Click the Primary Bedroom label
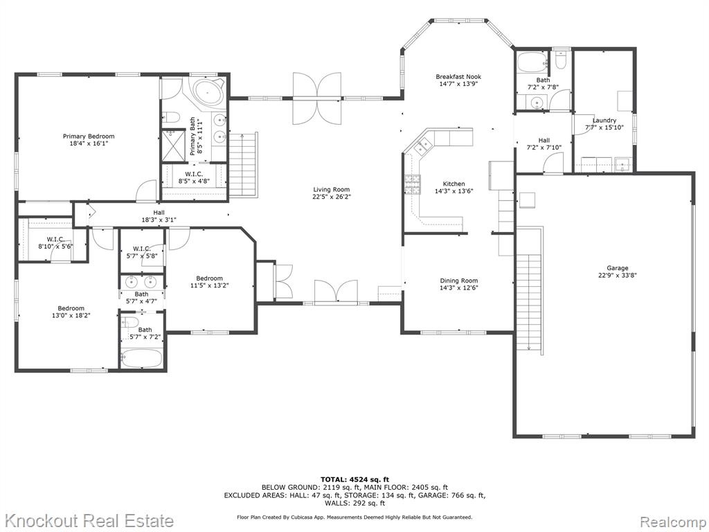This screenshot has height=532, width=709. coord(89,136)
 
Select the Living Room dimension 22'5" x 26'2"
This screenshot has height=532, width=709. coord(332,197)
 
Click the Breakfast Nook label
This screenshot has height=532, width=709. coord(458,77)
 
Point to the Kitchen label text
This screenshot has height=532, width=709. coord(454,184)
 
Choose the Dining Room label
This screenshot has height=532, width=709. coord(459,281)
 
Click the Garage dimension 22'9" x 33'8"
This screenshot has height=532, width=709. coord(617,275)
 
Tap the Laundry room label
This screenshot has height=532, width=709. coord(604,121)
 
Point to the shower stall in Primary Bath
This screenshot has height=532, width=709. coord(174,145)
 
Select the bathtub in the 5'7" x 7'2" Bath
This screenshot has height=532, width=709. coord(141,357)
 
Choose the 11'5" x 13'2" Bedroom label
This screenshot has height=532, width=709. coord(209,278)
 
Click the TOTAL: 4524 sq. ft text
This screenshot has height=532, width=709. coord(354,479)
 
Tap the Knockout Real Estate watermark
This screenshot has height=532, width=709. coord(89,521)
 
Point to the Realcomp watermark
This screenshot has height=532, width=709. coord(673,521)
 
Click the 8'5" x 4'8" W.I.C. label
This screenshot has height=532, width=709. coord(194,174)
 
